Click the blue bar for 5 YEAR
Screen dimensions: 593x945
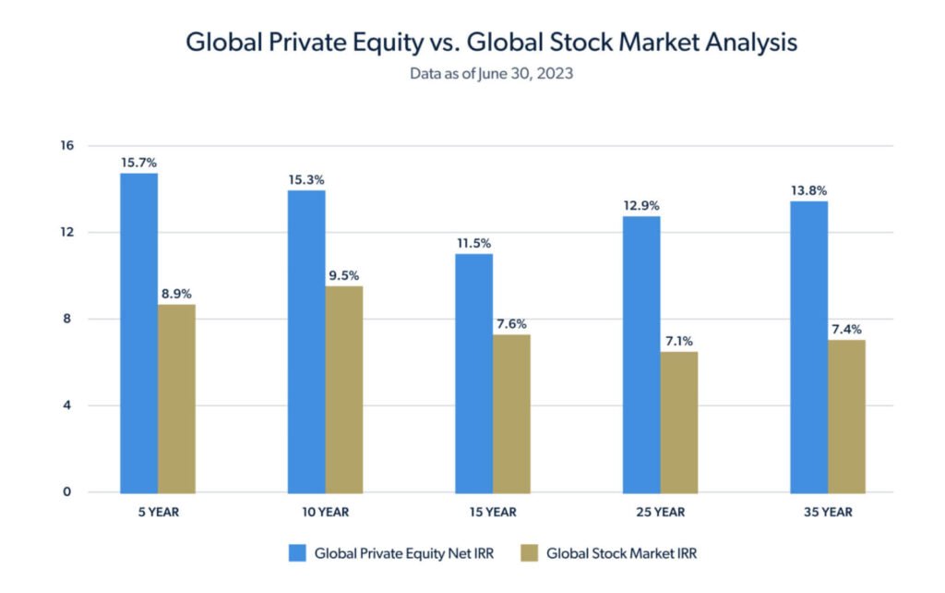pyautogui.click(x=138, y=333)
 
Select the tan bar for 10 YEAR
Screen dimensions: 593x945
pyautogui.click(x=343, y=389)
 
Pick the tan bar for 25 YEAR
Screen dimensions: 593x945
pyautogui.click(x=678, y=421)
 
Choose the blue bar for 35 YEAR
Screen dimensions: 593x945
pyautogui.click(x=808, y=346)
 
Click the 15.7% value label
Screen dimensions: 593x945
pyautogui.click(x=138, y=162)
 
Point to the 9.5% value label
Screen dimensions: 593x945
pyautogui.click(x=343, y=274)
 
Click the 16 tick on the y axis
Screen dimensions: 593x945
pyautogui.click(x=67, y=146)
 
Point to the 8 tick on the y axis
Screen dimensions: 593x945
pyautogui.click(x=67, y=319)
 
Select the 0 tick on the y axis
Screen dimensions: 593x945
pyautogui.click(x=67, y=491)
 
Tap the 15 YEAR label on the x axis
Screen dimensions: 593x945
pyautogui.click(x=492, y=512)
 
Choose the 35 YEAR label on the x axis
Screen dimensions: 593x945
pyautogui.click(x=827, y=512)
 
